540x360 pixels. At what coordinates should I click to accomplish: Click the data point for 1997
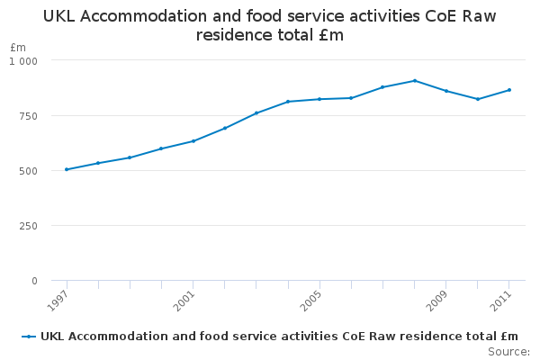67,169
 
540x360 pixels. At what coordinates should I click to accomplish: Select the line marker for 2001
193,140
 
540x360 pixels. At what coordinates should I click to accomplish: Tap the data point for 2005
319,99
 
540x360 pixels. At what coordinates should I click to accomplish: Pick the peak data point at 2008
415,80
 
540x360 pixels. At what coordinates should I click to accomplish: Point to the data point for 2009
446,91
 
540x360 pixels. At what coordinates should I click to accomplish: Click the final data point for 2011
509,90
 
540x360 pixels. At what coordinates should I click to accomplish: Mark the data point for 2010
478,99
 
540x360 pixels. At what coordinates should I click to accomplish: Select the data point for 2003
256,112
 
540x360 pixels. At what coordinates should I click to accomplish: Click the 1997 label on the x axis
58,300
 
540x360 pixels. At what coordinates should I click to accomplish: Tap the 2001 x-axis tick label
184,300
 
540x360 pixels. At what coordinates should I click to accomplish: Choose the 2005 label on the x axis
310,300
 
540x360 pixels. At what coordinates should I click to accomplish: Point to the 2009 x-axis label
437,300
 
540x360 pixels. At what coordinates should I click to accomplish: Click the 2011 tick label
500,300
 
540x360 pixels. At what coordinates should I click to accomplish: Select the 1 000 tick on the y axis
23,60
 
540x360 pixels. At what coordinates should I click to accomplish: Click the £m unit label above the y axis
18,47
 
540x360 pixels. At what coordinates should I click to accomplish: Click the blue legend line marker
30,337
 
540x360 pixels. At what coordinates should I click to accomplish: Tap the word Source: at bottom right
508,351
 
